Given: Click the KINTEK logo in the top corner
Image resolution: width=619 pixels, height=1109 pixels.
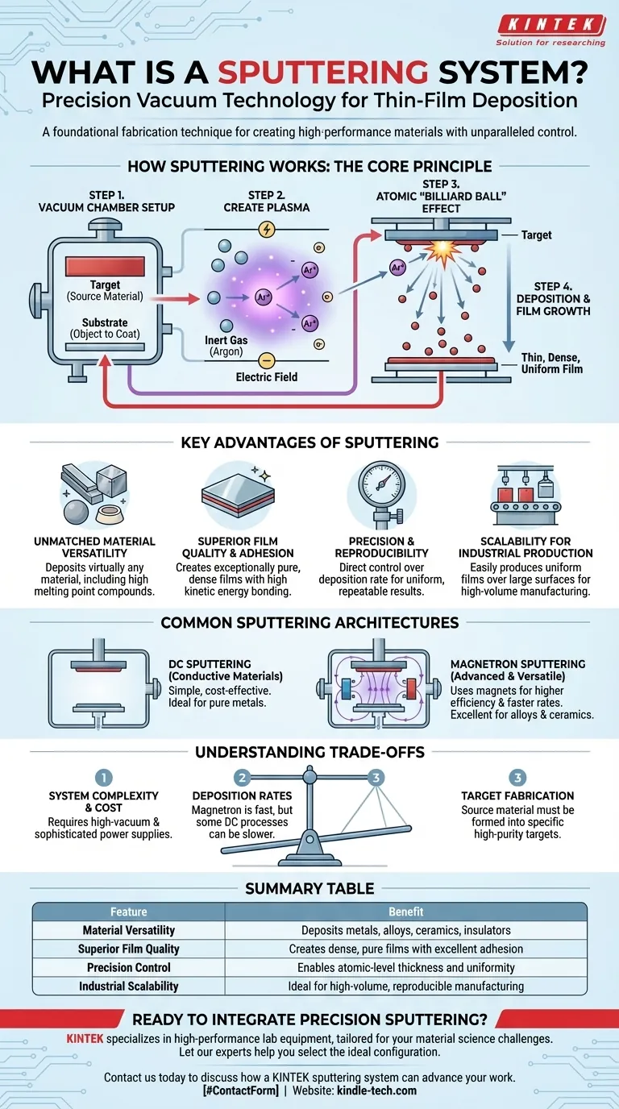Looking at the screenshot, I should point(550,25).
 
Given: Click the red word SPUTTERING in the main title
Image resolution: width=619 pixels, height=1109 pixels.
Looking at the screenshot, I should point(322,73).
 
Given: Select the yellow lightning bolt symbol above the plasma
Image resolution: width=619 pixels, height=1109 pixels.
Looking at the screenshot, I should point(266,230).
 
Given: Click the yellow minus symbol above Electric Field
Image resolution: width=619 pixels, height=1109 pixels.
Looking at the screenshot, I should point(267,360).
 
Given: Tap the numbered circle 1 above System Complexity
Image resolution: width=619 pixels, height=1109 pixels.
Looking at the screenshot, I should point(103,778).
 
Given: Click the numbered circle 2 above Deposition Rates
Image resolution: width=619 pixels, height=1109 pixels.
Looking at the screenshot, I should point(241,778).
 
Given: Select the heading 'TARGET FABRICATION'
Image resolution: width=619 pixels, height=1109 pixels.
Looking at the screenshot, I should point(517,796).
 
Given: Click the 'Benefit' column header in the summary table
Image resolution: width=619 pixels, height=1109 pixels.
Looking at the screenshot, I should point(405,912).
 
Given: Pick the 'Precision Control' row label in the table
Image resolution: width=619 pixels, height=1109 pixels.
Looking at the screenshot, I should point(129,967).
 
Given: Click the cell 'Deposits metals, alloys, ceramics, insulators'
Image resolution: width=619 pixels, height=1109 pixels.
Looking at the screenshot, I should point(405,930).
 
